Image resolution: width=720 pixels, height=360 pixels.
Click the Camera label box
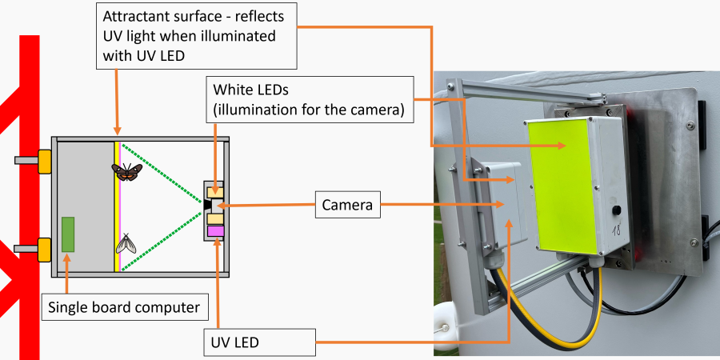(347, 206)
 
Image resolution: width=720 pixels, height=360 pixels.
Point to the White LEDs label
(310, 99)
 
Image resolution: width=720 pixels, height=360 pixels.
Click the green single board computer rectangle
(69, 234)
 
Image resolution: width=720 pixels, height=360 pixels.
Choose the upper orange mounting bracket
(45, 160)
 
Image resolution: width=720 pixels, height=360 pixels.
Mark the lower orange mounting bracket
(45, 250)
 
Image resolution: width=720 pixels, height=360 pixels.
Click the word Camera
(347, 206)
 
